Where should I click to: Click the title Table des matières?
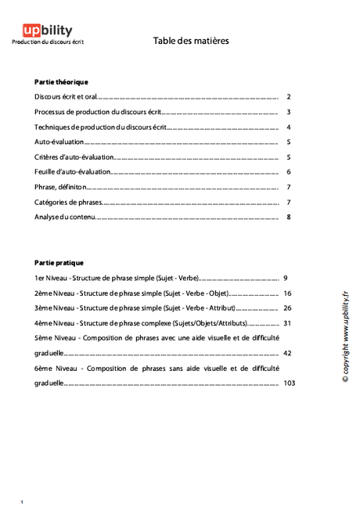[x=191, y=41]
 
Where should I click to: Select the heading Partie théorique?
[x=61, y=81]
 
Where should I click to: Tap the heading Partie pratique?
[x=59, y=262]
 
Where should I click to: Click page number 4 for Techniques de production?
[x=289, y=127]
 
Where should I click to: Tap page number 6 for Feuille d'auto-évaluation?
[x=289, y=172]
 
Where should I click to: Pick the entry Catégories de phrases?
[x=68, y=202]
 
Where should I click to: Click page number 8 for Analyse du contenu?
[x=289, y=217]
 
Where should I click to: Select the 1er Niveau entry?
[x=117, y=278]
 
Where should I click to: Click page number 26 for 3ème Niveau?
[x=288, y=308]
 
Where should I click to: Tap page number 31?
[x=288, y=322]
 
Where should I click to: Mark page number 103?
[x=290, y=383]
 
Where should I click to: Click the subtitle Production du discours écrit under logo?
[x=48, y=41]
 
